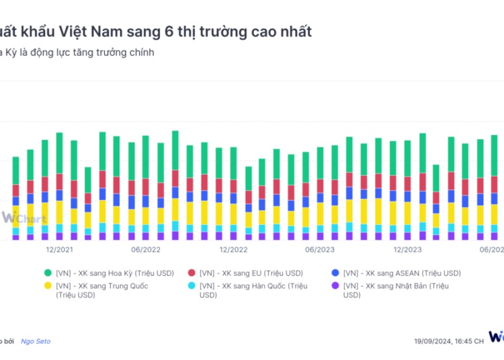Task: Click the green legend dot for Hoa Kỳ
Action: click(x=47, y=273)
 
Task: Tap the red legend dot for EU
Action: click(x=191, y=273)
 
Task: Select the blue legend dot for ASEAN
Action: click(x=335, y=273)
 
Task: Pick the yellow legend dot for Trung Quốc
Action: click(x=47, y=286)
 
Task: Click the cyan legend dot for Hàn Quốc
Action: click(x=191, y=286)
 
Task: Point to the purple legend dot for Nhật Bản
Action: click(x=335, y=286)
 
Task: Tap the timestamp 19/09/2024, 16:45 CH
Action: click(x=448, y=341)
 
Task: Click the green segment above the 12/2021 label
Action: click(x=59, y=152)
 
